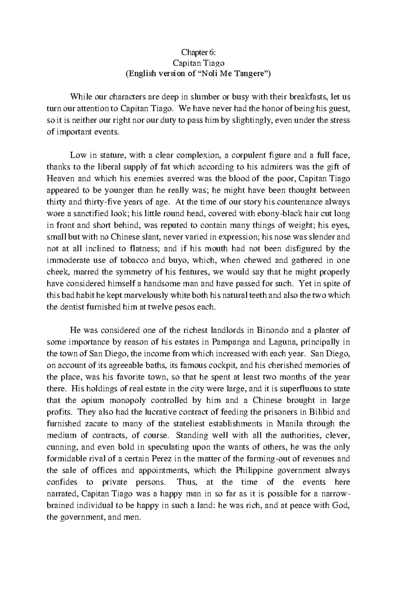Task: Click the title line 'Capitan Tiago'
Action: click(198, 63)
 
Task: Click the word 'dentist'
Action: click(72, 307)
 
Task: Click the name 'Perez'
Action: click(162, 458)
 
